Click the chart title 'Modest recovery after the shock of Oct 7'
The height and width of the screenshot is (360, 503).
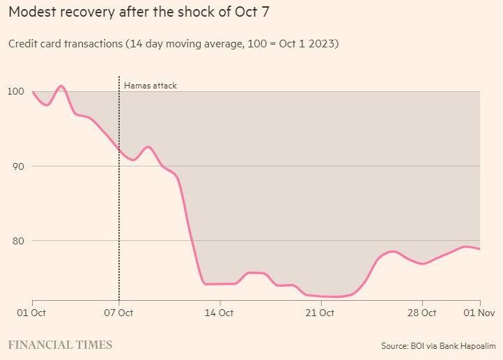pyautogui.click(x=139, y=13)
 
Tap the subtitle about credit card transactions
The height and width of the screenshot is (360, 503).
pyautogui.click(x=173, y=44)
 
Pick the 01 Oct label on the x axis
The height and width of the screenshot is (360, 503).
pyautogui.click(x=31, y=313)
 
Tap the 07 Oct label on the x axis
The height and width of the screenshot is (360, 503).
pyautogui.click(x=118, y=313)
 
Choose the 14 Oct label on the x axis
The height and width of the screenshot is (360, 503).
pyautogui.click(x=219, y=313)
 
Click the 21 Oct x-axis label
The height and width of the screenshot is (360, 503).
pyautogui.click(x=320, y=313)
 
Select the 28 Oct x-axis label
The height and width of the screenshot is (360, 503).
pyautogui.click(x=422, y=313)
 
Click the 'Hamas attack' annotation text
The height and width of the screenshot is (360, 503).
pyautogui.click(x=150, y=86)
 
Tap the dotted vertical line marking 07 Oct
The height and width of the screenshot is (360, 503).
pyautogui.click(x=119, y=209)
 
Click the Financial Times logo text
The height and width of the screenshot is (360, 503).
pyautogui.click(x=60, y=345)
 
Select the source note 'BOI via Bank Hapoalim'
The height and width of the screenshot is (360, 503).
pyautogui.click(x=438, y=345)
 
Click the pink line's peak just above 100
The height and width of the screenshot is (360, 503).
pyautogui.click(x=61, y=86)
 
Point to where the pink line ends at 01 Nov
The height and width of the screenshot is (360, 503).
pyautogui.click(x=480, y=249)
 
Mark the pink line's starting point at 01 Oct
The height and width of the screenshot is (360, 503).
pyautogui.click(x=33, y=92)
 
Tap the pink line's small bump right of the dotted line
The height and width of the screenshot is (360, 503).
pyautogui.click(x=148, y=147)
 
